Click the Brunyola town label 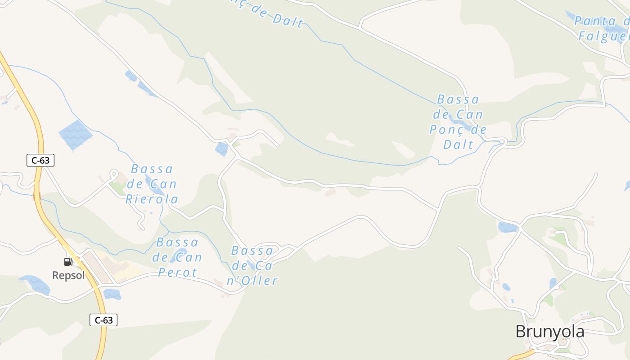tap(549, 332)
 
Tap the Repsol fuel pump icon tap(68, 261)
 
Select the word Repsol tap(68, 275)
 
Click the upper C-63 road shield tap(40, 160)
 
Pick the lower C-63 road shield tap(103, 320)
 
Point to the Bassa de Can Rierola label tap(152, 184)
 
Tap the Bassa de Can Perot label tap(177, 257)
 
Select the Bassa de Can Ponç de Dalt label tap(458, 121)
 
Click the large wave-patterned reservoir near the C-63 tap(75, 135)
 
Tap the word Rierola tap(152, 199)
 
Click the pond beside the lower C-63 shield tap(112, 294)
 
